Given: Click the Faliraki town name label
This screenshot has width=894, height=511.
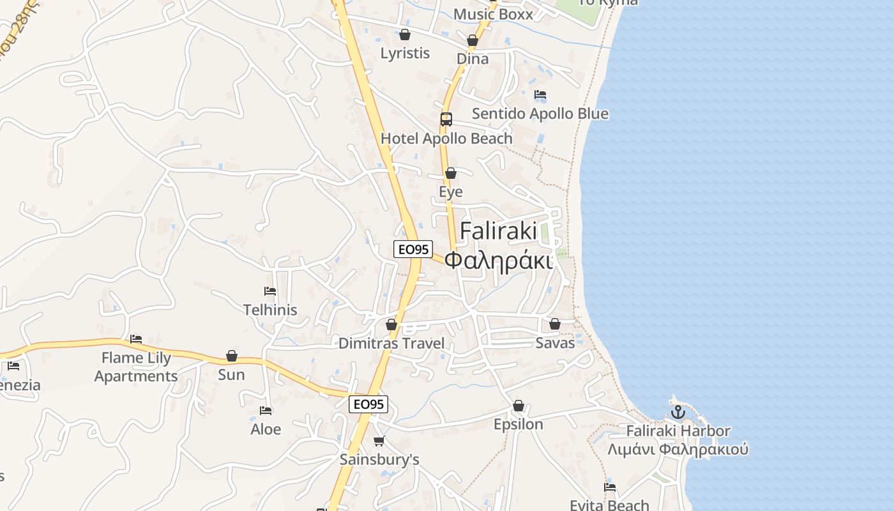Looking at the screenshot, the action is [498, 231].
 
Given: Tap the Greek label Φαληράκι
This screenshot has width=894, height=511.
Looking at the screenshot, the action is [498, 261].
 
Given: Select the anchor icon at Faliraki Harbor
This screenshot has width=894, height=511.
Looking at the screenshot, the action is [678, 412].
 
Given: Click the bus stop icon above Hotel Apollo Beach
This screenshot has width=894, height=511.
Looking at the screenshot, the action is [446, 119].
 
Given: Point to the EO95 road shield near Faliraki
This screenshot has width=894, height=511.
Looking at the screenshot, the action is [413, 249].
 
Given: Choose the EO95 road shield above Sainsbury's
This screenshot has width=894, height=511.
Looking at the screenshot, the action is [368, 404].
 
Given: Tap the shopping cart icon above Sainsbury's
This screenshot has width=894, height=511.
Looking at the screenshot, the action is [379, 441].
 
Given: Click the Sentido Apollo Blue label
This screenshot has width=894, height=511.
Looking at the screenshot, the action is [540, 114].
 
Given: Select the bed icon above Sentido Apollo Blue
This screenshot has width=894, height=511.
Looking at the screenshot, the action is [540, 95].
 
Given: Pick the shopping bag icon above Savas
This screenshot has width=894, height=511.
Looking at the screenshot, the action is [555, 324].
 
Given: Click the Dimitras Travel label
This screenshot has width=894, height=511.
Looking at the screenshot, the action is [391, 344].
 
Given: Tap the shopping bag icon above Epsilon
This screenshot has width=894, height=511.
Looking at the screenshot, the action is [519, 406].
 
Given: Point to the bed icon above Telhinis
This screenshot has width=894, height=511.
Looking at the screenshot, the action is [270, 291].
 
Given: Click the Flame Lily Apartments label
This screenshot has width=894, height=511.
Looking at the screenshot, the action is [136, 367].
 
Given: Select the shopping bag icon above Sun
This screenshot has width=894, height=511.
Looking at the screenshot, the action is [232, 356].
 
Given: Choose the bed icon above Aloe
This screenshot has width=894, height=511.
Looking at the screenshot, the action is [266, 411].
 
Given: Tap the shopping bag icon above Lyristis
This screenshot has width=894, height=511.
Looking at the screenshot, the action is [405, 34].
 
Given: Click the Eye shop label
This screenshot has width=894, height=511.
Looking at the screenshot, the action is [451, 192].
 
